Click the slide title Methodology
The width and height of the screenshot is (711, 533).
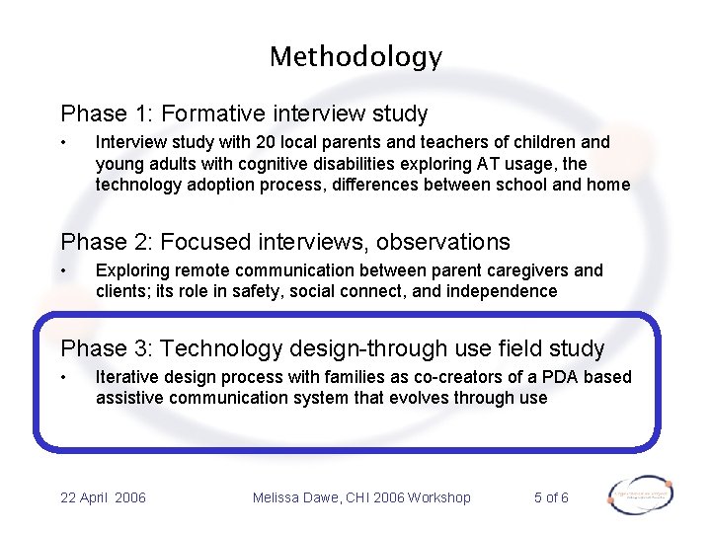pyautogui.click(x=355, y=57)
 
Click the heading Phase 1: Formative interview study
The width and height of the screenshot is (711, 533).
pyautogui.click(x=244, y=114)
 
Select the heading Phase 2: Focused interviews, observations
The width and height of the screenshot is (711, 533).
pyautogui.click(x=285, y=242)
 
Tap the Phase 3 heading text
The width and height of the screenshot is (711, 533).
pyautogui.click(x=332, y=348)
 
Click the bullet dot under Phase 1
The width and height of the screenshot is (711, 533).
pyautogui.click(x=64, y=142)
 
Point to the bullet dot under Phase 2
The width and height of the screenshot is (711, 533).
pyautogui.click(x=64, y=270)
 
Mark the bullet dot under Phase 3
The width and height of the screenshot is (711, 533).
pyautogui.click(x=64, y=377)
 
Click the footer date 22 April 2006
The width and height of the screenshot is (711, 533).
pyautogui.click(x=103, y=497)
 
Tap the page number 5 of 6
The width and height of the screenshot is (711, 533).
pyautogui.click(x=551, y=497)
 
